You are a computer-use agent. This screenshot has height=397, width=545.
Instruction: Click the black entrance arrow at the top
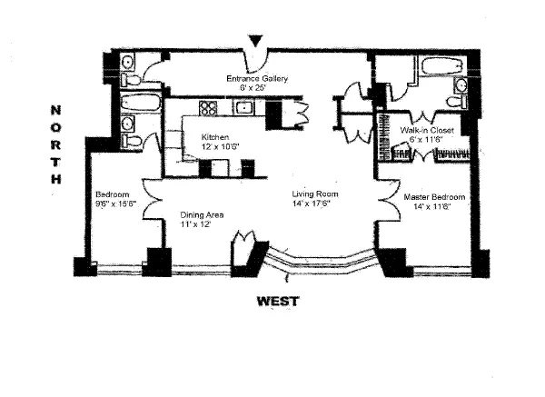(259, 40)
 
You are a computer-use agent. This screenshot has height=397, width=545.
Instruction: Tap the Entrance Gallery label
(257, 79)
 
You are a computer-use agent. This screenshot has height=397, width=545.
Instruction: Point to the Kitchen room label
(215, 137)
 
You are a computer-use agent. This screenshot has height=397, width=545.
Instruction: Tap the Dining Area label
(202, 214)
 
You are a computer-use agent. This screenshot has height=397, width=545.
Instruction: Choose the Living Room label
(314, 194)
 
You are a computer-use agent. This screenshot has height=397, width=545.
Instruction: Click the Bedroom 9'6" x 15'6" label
(114, 194)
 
